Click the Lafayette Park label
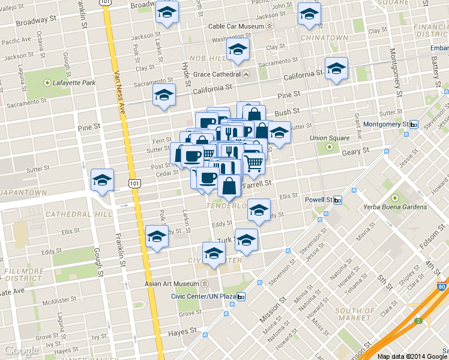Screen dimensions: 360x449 (x=69, y=82)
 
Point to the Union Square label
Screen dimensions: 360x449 (x=329, y=138)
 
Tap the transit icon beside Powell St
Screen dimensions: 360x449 (x=338, y=200)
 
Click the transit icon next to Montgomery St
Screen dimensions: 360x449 (x=414, y=124)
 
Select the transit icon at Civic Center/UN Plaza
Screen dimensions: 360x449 (x=241, y=296)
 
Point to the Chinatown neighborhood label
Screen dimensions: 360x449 (x=325, y=38)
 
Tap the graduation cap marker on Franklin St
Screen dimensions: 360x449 (x=102, y=180)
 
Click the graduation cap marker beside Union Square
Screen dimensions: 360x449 (x=279, y=133)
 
